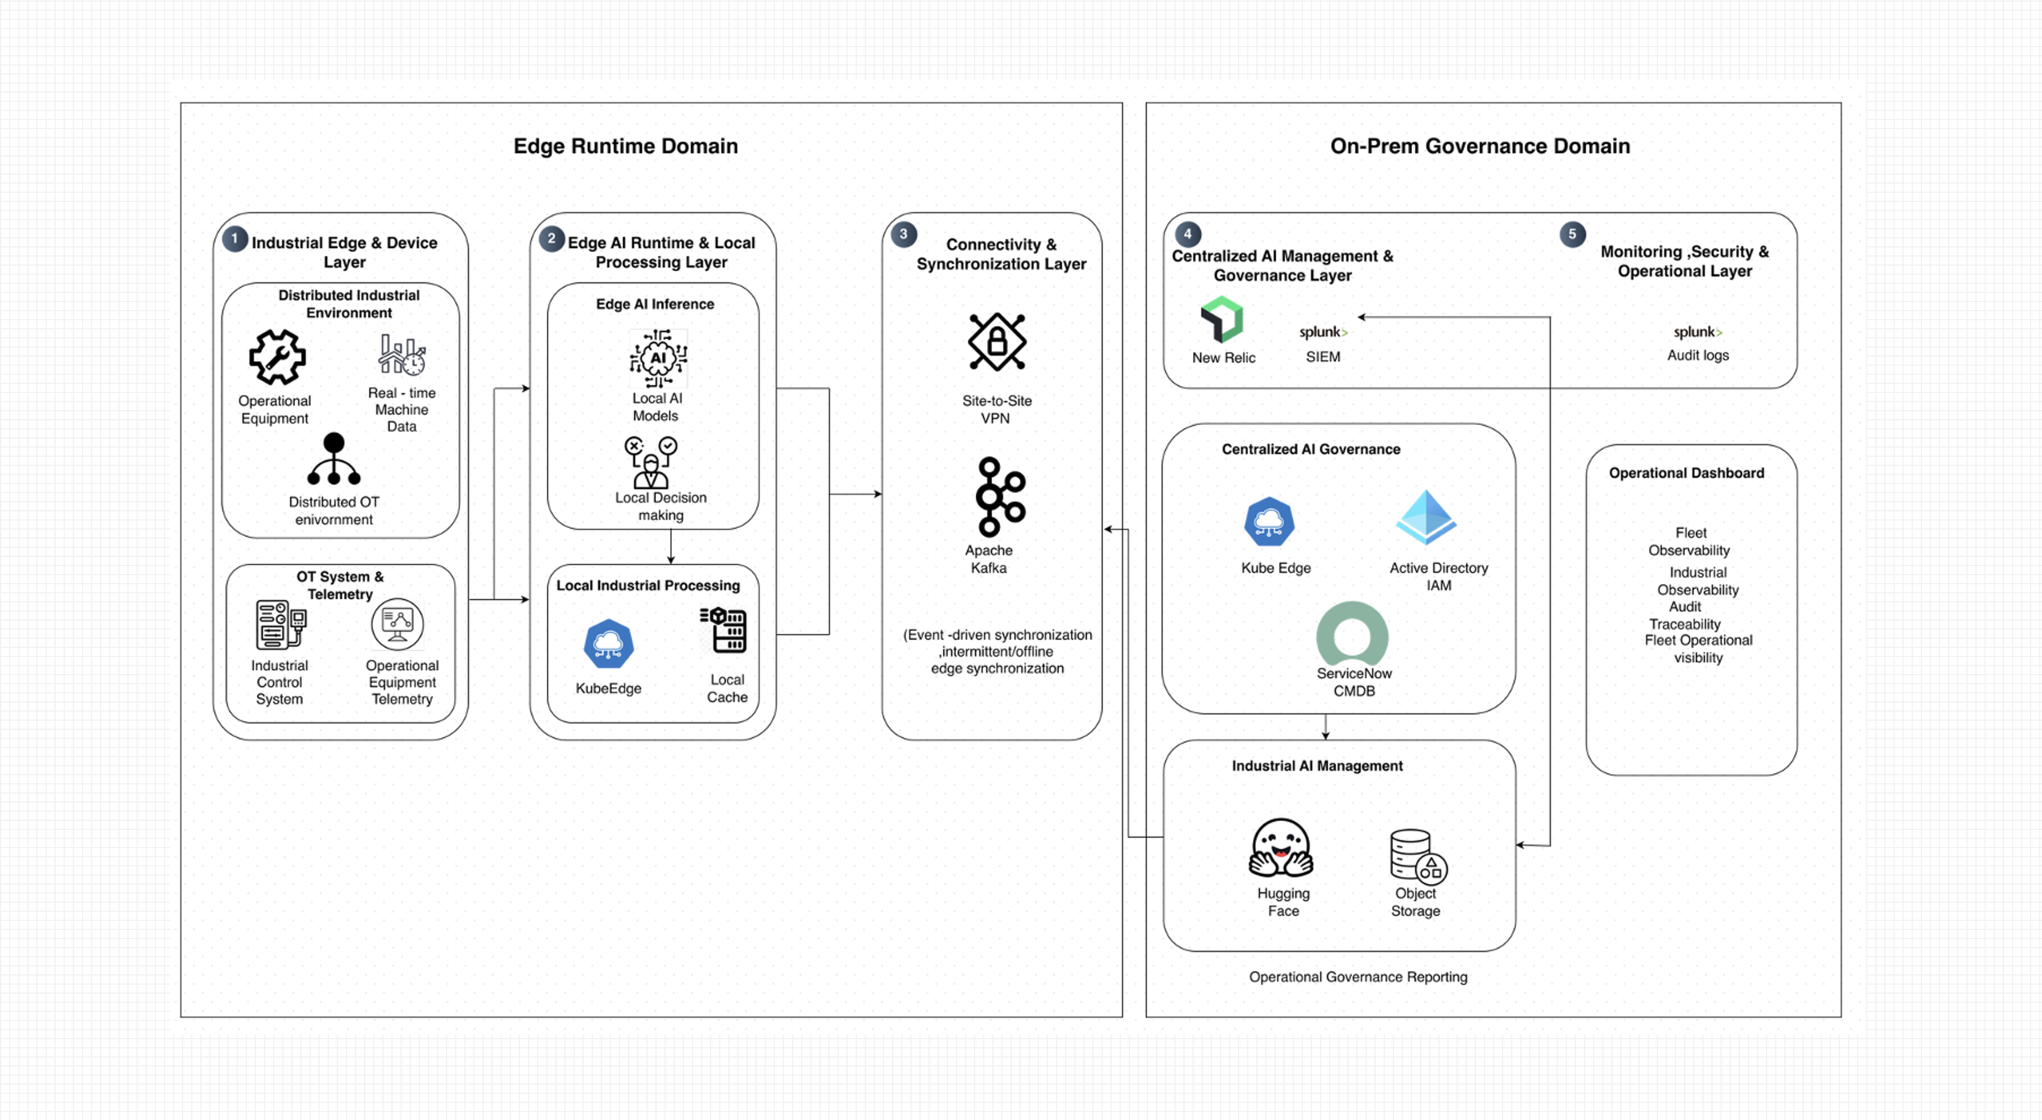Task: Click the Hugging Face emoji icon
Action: point(1281,848)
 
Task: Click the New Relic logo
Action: point(1222,320)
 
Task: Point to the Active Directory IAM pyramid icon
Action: point(1425,517)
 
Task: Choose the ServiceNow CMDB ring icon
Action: point(1352,633)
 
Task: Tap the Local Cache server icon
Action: point(724,630)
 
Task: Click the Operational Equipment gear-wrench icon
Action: point(278,357)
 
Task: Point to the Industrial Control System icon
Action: point(280,625)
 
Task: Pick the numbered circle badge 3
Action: point(903,234)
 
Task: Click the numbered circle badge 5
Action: point(1572,234)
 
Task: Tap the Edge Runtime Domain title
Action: point(625,146)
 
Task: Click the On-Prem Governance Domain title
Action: point(1480,146)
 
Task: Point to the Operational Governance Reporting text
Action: point(1358,977)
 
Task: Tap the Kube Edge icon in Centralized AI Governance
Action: point(1269,522)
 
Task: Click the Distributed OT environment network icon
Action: point(334,459)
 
